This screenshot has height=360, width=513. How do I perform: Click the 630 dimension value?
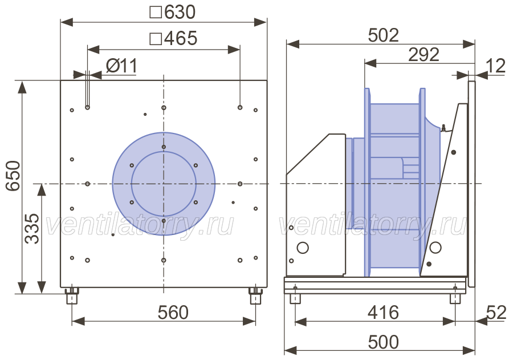point(180,12)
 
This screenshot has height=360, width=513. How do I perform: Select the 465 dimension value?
point(181,38)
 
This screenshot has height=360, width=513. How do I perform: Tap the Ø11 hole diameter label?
point(121,66)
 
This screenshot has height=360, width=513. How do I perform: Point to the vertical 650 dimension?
point(14,176)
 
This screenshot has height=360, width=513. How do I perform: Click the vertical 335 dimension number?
point(32,229)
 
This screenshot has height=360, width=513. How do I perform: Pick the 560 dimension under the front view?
point(173,313)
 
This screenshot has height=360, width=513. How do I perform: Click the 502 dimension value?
point(384,35)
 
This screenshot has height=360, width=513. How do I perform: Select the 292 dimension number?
point(424,55)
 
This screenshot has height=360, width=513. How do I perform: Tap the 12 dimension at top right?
point(496,66)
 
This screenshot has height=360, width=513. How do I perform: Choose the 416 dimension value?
point(384,313)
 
